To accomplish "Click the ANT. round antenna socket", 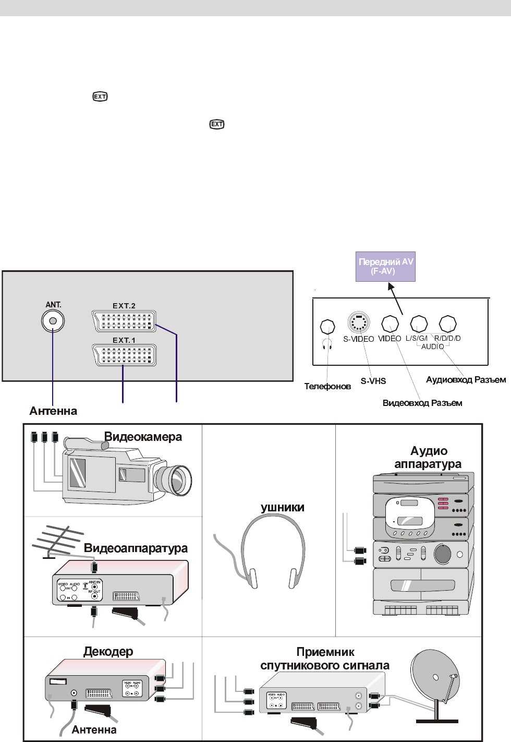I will click(53, 321).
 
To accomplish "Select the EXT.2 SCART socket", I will click(124, 321).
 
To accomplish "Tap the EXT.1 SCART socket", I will click(124, 355).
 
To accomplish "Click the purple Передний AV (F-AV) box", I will click(385, 267).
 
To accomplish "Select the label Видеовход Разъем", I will click(422, 403).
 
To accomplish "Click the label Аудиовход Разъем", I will click(466, 380).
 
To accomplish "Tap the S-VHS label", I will click(373, 381).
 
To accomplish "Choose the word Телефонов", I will click(327, 387).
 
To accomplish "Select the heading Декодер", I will click(108, 651).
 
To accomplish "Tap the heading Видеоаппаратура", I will click(136, 548).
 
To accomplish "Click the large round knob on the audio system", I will click(442, 554).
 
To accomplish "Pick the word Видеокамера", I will click(143, 437).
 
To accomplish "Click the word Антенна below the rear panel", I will click(53, 411).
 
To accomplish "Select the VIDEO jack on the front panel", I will click(390, 324).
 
